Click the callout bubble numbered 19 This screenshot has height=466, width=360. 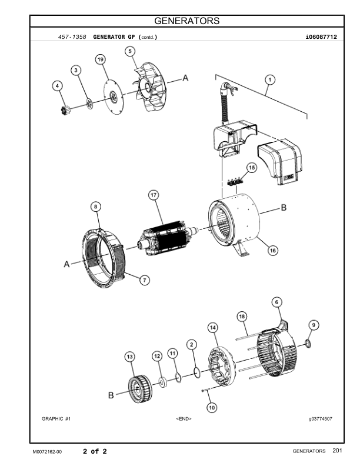(x=101, y=60)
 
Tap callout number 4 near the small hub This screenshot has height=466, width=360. (x=57, y=86)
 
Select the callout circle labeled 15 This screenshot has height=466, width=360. (x=251, y=168)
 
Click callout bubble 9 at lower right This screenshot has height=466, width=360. (x=314, y=324)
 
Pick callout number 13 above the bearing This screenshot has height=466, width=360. (x=129, y=357)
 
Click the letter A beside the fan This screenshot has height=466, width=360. (x=185, y=78)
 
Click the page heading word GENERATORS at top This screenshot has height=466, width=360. (x=186, y=21)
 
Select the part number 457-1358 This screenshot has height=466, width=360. (x=72, y=36)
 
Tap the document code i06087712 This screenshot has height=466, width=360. (x=318, y=36)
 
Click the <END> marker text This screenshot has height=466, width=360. (x=184, y=418)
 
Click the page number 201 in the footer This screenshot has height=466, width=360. (x=336, y=451)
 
